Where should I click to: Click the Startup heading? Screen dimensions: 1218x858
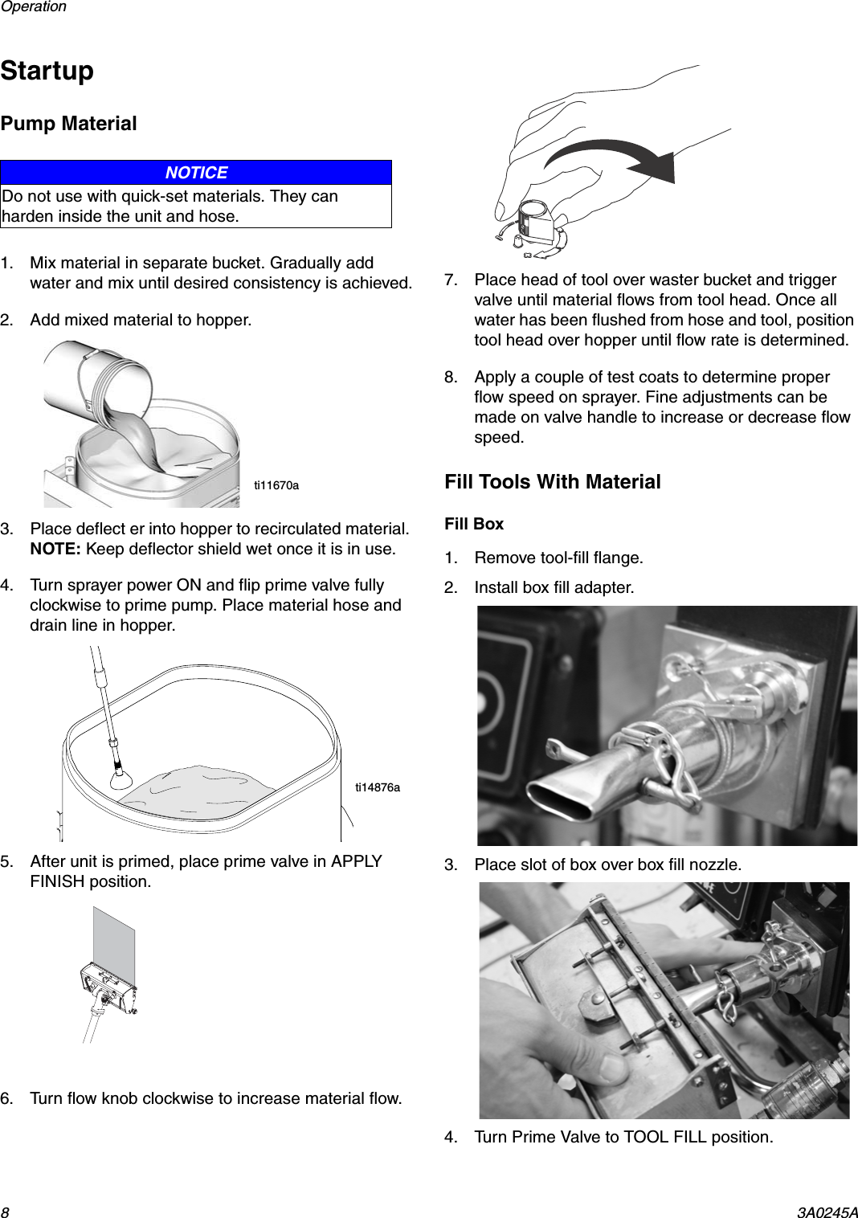(x=47, y=72)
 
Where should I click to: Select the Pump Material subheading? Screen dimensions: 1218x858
(x=69, y=124)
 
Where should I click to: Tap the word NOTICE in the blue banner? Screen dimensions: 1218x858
(x=196, y=173)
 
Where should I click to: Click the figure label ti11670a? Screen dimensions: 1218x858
(x=276, y=485)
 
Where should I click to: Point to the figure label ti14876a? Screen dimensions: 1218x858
(x=378, y=787)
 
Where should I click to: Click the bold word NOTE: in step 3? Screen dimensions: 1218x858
(x=55, y=549)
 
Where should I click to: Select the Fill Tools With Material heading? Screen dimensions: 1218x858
(x=552, y=482)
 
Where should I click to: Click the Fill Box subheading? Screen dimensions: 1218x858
(x=474, y=524)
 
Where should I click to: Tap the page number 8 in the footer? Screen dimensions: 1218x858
(x=6, y=1212)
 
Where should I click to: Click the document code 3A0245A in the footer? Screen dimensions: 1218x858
(x=827, y=1212)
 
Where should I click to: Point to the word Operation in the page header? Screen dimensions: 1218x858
(x=34, y=7)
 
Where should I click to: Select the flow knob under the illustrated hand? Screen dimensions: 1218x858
(x=533, y=219)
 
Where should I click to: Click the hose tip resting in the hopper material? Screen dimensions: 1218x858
(x=120, y=776)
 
